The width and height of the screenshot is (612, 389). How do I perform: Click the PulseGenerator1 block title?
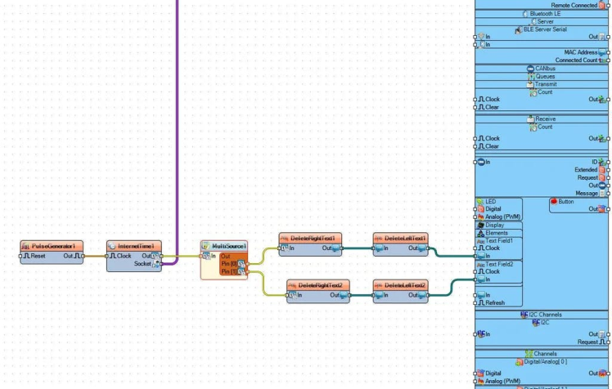[x=52, y=246]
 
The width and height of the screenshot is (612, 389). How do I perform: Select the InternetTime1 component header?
[x=136, y=246]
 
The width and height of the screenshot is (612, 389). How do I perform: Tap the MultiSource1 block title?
[x=228, y=246]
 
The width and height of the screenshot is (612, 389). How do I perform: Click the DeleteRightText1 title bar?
[x=312, y=239]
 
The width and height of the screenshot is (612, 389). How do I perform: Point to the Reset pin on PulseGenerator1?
[x=38, y=256]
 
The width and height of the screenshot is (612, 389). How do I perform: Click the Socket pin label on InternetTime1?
[x=142, y=264]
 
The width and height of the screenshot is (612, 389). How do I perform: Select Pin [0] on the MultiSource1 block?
[x=228, y=264]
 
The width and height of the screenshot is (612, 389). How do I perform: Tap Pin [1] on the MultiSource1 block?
[x=228, y=271]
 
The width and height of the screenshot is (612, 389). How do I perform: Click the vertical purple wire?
[x=177, y=123]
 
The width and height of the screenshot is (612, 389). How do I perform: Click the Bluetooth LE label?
[x=544, y=14]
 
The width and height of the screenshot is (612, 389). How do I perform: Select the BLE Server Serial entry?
[x=544, y=29]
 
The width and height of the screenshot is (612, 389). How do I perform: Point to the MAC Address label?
[x=581, y=52]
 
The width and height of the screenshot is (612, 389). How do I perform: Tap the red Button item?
[x=565, y=201]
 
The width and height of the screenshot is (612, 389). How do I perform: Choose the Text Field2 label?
[x=499, y=264]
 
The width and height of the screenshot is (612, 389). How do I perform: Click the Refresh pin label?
[x=494, y=303]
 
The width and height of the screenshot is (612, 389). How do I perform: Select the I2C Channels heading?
[x=544, y=315]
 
